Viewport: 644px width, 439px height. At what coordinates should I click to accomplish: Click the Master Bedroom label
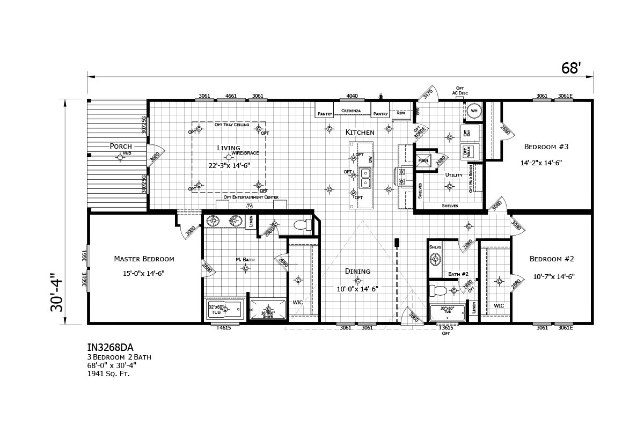(144, 259)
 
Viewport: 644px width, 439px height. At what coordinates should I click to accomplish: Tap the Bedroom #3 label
(544, 146)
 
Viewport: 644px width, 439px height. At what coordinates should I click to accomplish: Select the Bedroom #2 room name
(552, 259)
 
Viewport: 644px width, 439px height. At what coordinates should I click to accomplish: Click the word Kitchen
(360, 132)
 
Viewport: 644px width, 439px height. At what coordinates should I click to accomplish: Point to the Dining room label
(358, 271)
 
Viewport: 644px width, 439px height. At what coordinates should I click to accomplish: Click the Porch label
(120, 146)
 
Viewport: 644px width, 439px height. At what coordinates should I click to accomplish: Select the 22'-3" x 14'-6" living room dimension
(230, 165)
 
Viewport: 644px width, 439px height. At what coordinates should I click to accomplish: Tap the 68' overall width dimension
(571, 68)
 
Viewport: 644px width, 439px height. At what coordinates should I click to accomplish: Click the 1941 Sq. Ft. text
(109, 374)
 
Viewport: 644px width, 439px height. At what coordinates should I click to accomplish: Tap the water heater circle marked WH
(474, 111)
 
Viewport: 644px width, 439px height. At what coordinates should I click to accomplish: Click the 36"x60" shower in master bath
(267, 310)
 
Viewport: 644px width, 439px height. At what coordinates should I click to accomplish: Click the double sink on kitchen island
(367, 178)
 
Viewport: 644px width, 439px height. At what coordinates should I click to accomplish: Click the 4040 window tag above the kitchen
(352, 96)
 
